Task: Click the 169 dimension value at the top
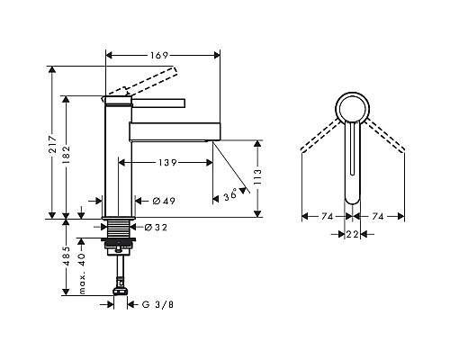click(x=159, y=55)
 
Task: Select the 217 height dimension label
click(x=53, y=144)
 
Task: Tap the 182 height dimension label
click(x=66, y=154)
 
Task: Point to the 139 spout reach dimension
click(x=167, y=163)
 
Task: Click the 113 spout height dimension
click(x=257, y=176)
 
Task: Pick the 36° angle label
click(x=230, y=196)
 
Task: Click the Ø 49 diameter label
click(x=164, y=201)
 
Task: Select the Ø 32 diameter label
click(x=156, y=228)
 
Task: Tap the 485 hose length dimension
click(x=66, y=256)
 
